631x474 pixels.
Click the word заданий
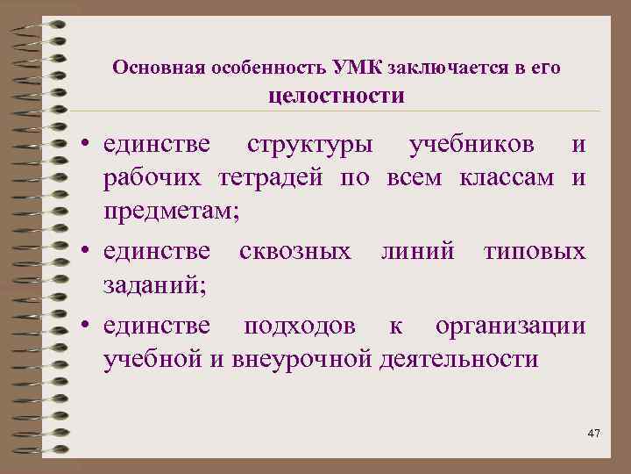pos(146,285)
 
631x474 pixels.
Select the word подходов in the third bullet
pos(300,326)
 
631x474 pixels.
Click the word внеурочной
pos(305,359)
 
